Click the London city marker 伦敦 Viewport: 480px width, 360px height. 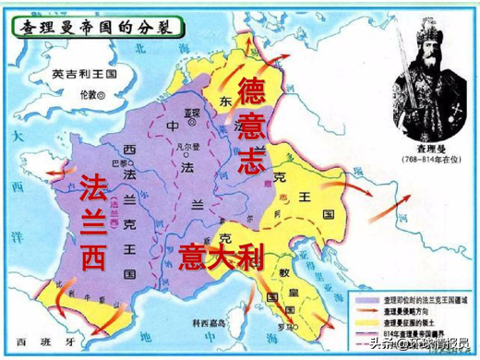tap(89, 95)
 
